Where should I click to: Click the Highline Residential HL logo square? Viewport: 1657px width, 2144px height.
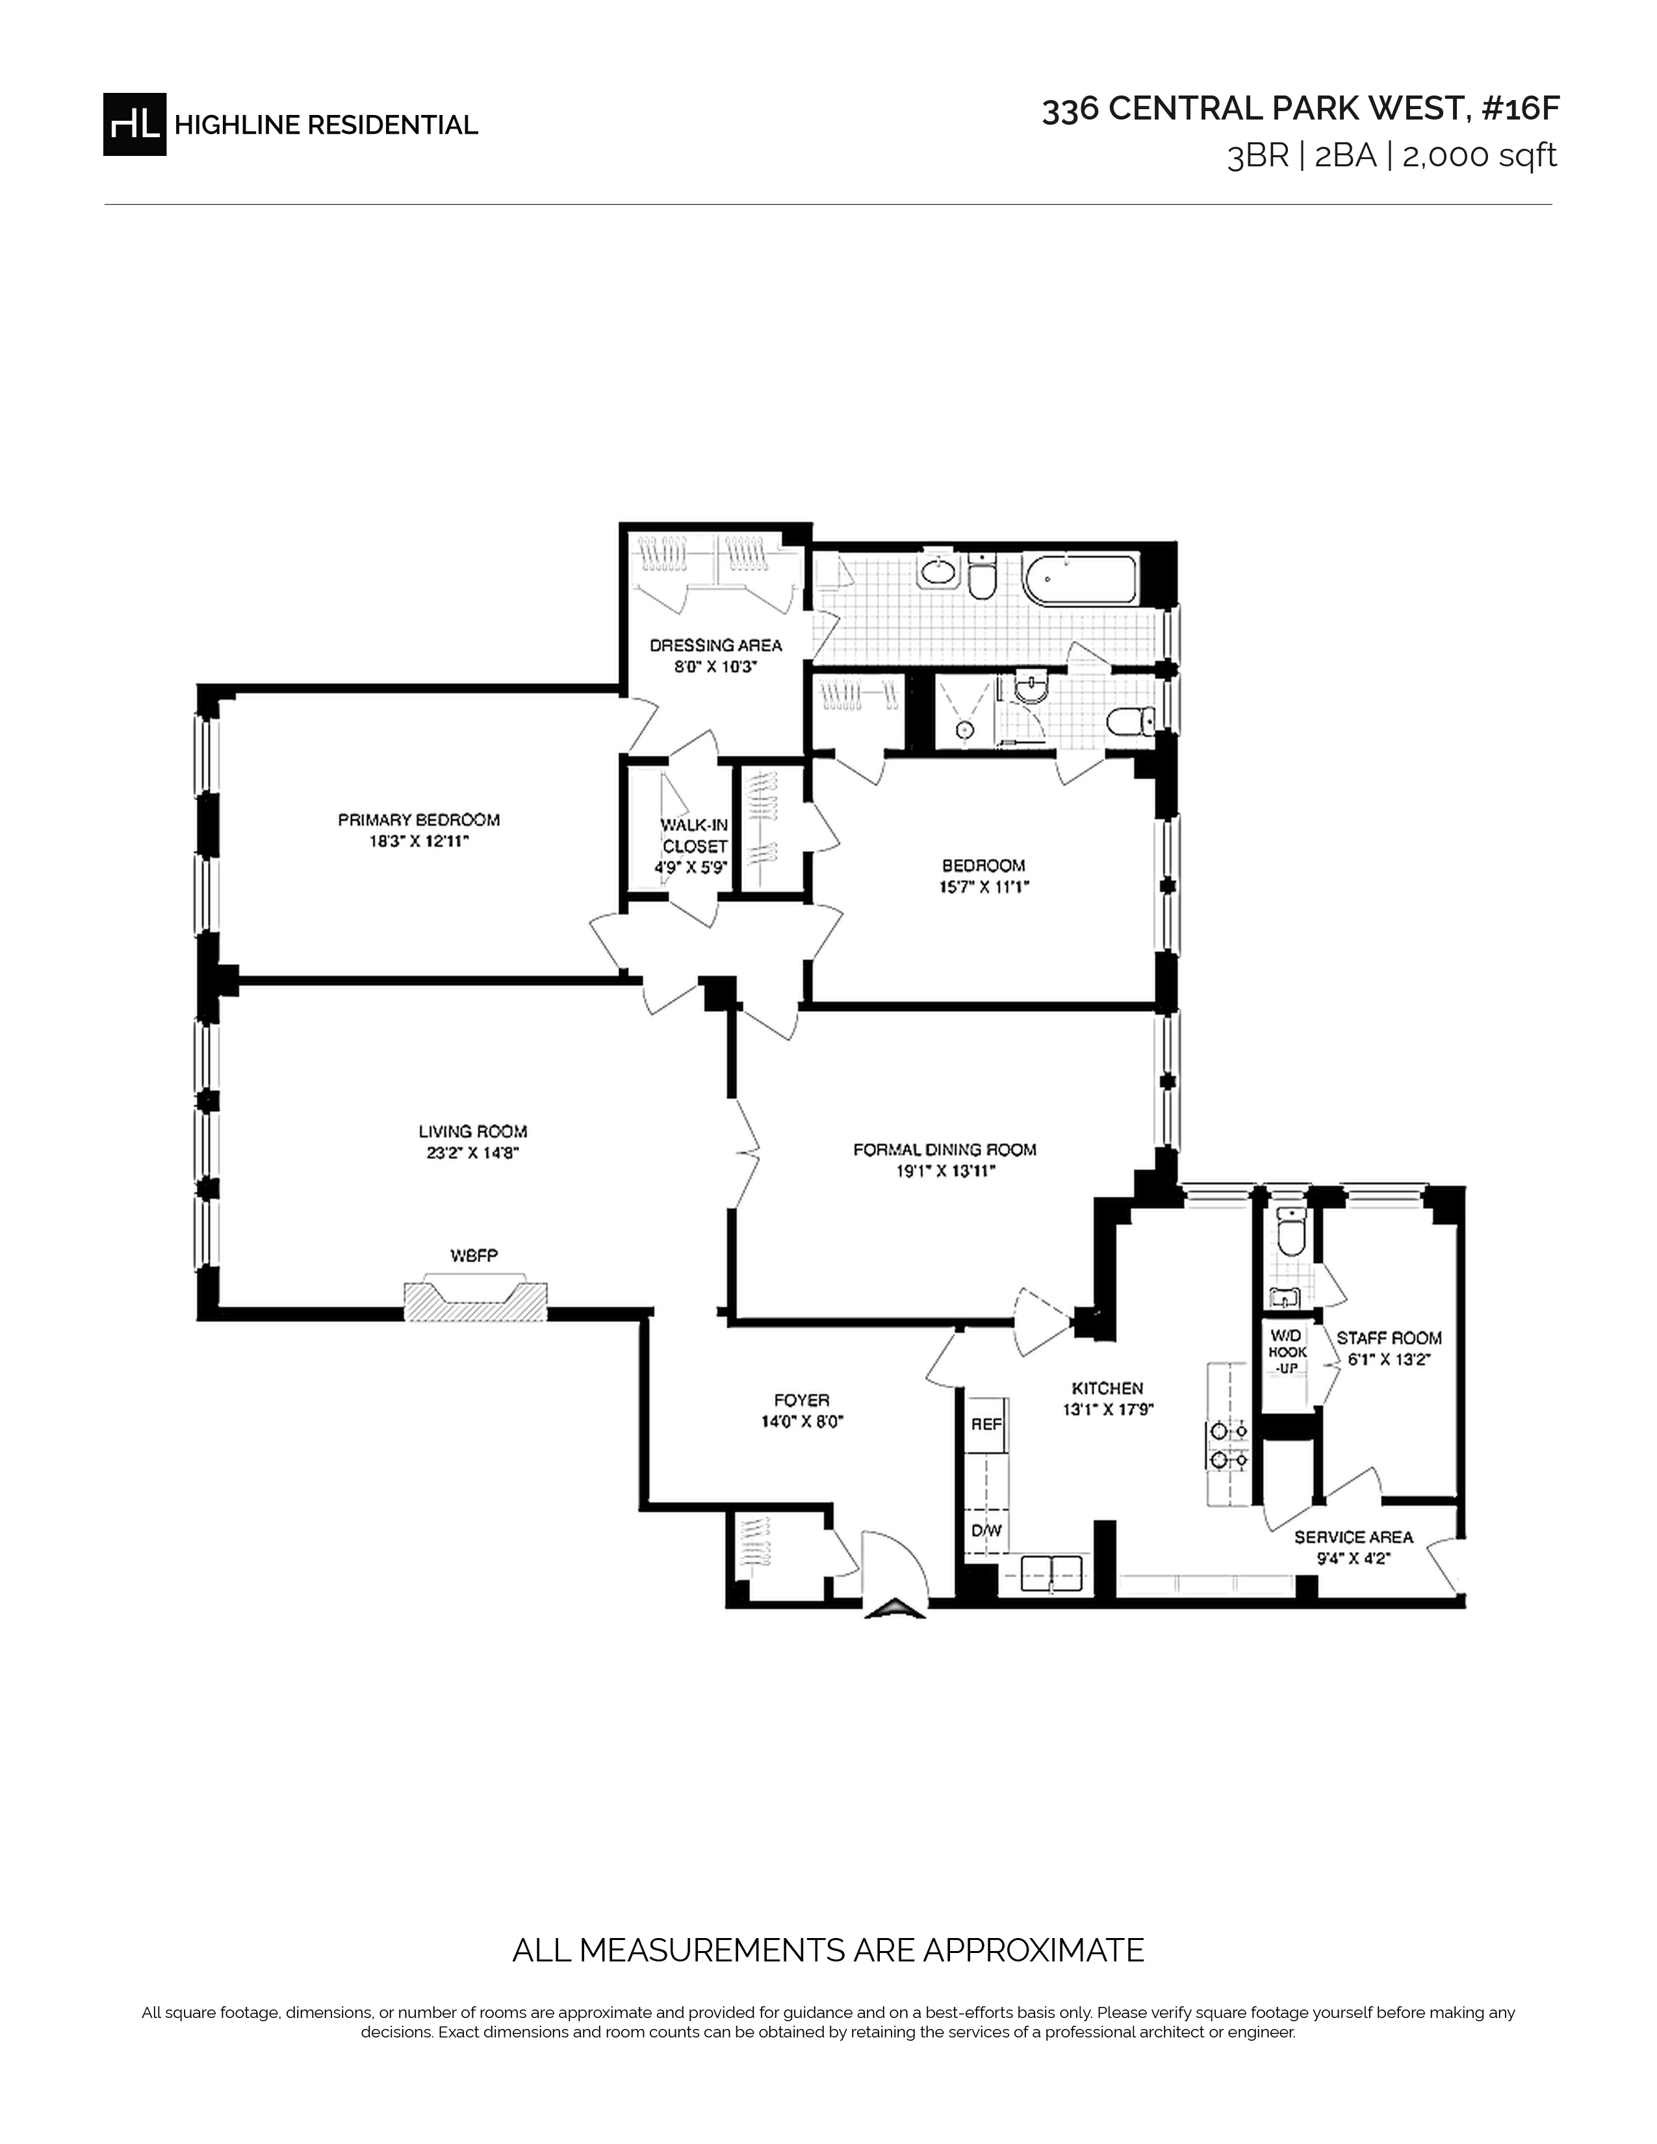coord(135,123)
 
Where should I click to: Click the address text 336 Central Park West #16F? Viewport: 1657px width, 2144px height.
coord(1301,109)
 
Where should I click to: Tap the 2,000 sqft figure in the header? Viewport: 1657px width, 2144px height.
coord(1480,156)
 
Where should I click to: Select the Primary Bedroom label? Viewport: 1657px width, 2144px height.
coord(419,820)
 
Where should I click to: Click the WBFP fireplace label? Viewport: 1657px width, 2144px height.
coord(474,1255)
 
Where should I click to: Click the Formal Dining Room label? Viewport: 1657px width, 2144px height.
coord(944,1149)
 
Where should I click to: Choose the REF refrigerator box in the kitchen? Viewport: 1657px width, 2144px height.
coord(986,1424)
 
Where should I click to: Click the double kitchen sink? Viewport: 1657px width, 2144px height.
coord(1051,1574)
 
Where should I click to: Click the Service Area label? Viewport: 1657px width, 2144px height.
coord(1354,1537)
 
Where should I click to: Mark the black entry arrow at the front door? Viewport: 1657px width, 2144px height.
coord(894,1606)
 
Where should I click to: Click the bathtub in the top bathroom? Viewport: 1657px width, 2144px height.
coord(1080,579)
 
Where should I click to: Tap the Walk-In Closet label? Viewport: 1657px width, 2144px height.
coord(694,836)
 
